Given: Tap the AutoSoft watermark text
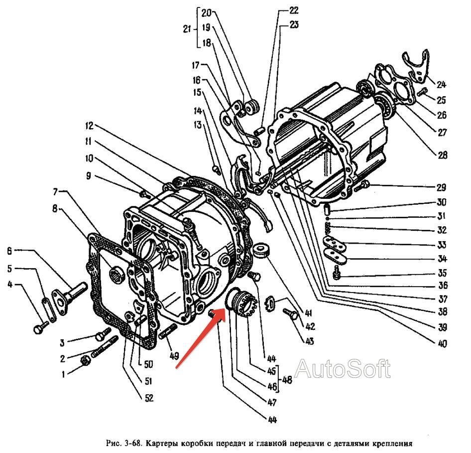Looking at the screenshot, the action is point(343,369).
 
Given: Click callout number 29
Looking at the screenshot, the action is point(441,187).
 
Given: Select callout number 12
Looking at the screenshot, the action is point(89,126).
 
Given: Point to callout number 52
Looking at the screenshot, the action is point(149,398).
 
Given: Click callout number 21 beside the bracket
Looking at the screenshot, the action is point(187,29).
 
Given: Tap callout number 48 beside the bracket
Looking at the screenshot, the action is point(287,380).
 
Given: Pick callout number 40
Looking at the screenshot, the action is point(442,343).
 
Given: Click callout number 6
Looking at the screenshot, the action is point(9,251).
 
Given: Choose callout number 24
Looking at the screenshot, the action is point(441,85).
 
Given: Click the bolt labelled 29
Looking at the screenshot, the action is point(361,185).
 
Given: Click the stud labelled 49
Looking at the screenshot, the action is point(168,332).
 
